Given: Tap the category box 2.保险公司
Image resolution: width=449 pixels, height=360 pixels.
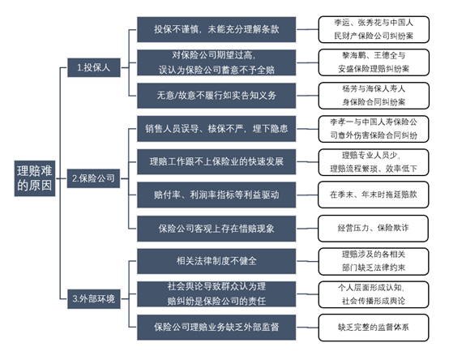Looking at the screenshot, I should pos(93,177).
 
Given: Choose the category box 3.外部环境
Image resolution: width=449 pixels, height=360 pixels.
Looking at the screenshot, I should pos(93,299).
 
